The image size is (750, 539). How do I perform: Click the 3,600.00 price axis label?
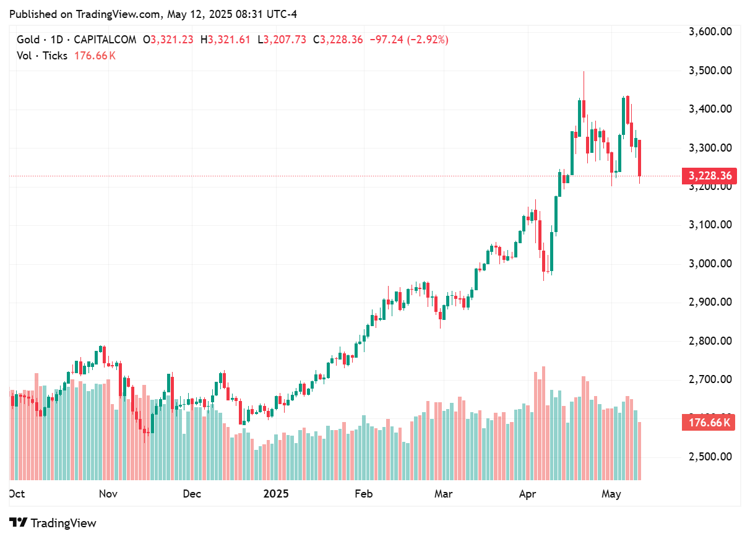coord(710,32)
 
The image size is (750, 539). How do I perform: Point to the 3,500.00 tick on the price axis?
coord(710,71)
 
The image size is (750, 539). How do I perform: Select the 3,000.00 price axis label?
coord(710,264)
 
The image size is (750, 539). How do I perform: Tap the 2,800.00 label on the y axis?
coord(710,341)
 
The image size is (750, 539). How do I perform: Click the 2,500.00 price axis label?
coord(710,457)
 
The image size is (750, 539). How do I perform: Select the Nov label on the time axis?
coord(108,494)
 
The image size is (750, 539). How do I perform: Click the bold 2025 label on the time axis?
coord(276,494)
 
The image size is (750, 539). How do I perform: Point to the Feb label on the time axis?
coord(363,494)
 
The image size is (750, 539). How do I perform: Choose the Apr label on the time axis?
coord(527,494)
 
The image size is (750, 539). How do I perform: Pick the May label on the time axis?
coord(611,494)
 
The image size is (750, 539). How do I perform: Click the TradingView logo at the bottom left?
coord(53,523)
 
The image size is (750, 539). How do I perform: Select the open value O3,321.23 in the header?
coord(168,40)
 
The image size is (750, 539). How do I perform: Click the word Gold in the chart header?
coord(28,40)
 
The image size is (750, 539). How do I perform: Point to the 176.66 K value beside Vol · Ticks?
coord(94,56)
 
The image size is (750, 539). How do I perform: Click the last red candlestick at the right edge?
coord(639,158)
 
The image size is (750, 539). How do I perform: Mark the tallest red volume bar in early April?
coord(543,423)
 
